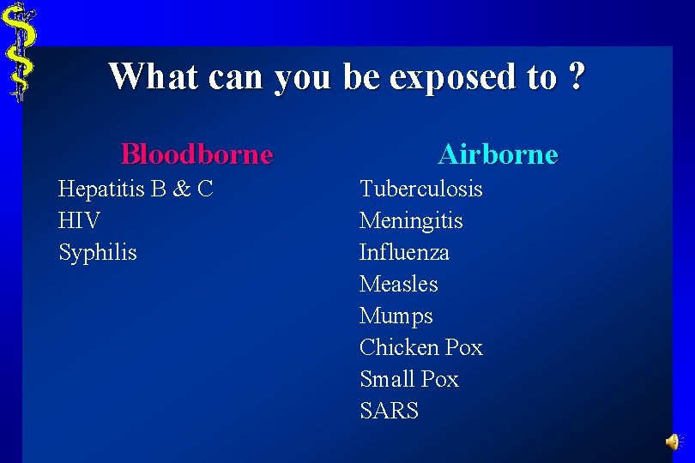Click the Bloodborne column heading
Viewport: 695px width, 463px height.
coord(196,154)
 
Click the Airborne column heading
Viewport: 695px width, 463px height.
coord(498,154)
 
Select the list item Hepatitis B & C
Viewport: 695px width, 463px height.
coord(136,189)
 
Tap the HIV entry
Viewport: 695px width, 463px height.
coord(79,220)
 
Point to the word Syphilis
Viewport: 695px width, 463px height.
coord(97,253)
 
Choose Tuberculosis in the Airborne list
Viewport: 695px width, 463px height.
coord(420,189)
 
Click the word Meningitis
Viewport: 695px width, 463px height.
coord(411,220)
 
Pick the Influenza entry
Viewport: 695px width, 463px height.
coord(404,252)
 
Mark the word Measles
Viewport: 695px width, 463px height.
coord(398,284)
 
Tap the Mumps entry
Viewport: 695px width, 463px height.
coord(396,316)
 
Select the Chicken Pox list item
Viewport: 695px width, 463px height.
coord(420,347)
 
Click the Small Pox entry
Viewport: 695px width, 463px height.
coord(409,379)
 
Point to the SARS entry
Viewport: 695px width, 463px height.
coord(389,411)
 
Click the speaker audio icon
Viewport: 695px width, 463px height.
coord(673,442)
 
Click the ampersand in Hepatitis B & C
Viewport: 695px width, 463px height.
coord(180,189)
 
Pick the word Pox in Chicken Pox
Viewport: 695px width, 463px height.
coord(464,347)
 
